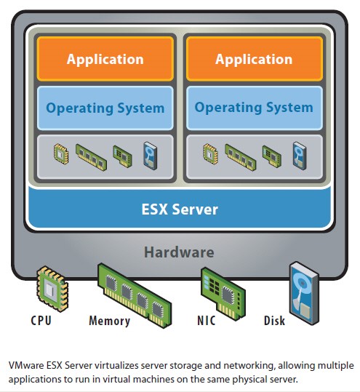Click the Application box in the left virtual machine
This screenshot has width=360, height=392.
coord(105,59)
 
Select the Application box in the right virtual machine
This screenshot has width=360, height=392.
coord(253,59)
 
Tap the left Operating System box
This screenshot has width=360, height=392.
coord(105,108)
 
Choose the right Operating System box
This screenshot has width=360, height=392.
coord(253,108)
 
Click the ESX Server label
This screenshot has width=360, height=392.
coord(179,209)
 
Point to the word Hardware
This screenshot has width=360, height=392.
coord(179,252)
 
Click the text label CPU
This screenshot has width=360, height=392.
coord(42,321)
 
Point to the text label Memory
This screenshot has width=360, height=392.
coord(109,321)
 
